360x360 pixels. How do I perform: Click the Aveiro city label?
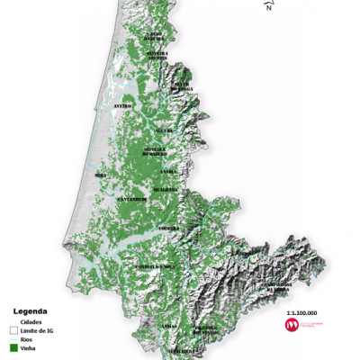click(123, 105)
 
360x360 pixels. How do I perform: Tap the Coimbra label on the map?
click(168, 229)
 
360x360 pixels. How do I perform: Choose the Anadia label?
click(167, 170)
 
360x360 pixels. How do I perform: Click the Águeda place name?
click(164, 130)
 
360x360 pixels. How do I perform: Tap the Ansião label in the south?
click(167, 325)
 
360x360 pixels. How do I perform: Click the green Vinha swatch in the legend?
click(13, 347)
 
